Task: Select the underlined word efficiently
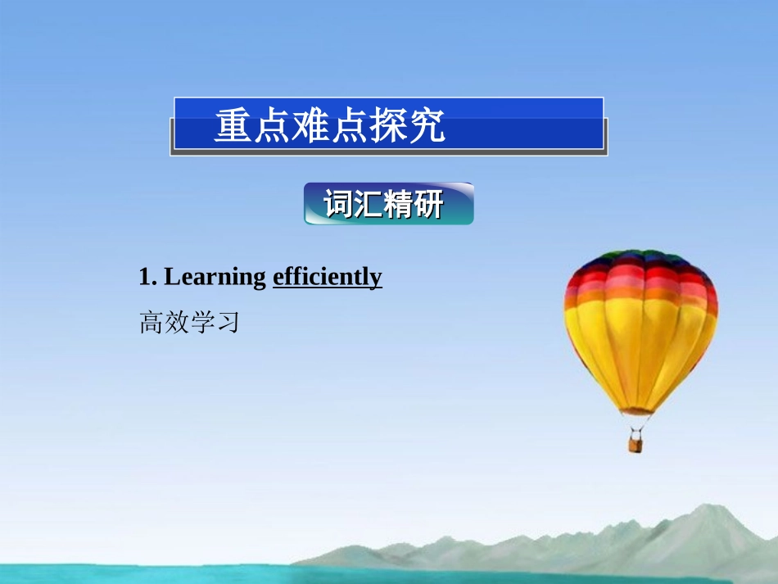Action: pyautogui.click(x=327, y=278)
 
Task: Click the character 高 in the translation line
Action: pyautogui.click(x=152, y=323)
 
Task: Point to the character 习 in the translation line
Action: pyautogui.click(x=227, y=323)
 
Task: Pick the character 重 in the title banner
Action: pyautogui.click(x=233, y=126)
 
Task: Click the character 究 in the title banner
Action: pyautogui.click(x=427, y=126)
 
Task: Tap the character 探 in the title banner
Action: pyautogui.click(x=388, y=126)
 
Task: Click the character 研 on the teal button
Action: pyautogui.click(x=427, y=205)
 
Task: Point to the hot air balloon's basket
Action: pyautogui.click(x=636, y=443)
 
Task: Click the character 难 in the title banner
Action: pyautogui.click(x=310, y=126)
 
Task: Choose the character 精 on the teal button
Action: pyautogui.click(x=398, y=205)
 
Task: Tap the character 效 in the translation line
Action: pyautogui.click(x=177, y=323)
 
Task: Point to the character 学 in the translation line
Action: pyautogui.click(x=201, y=323)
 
